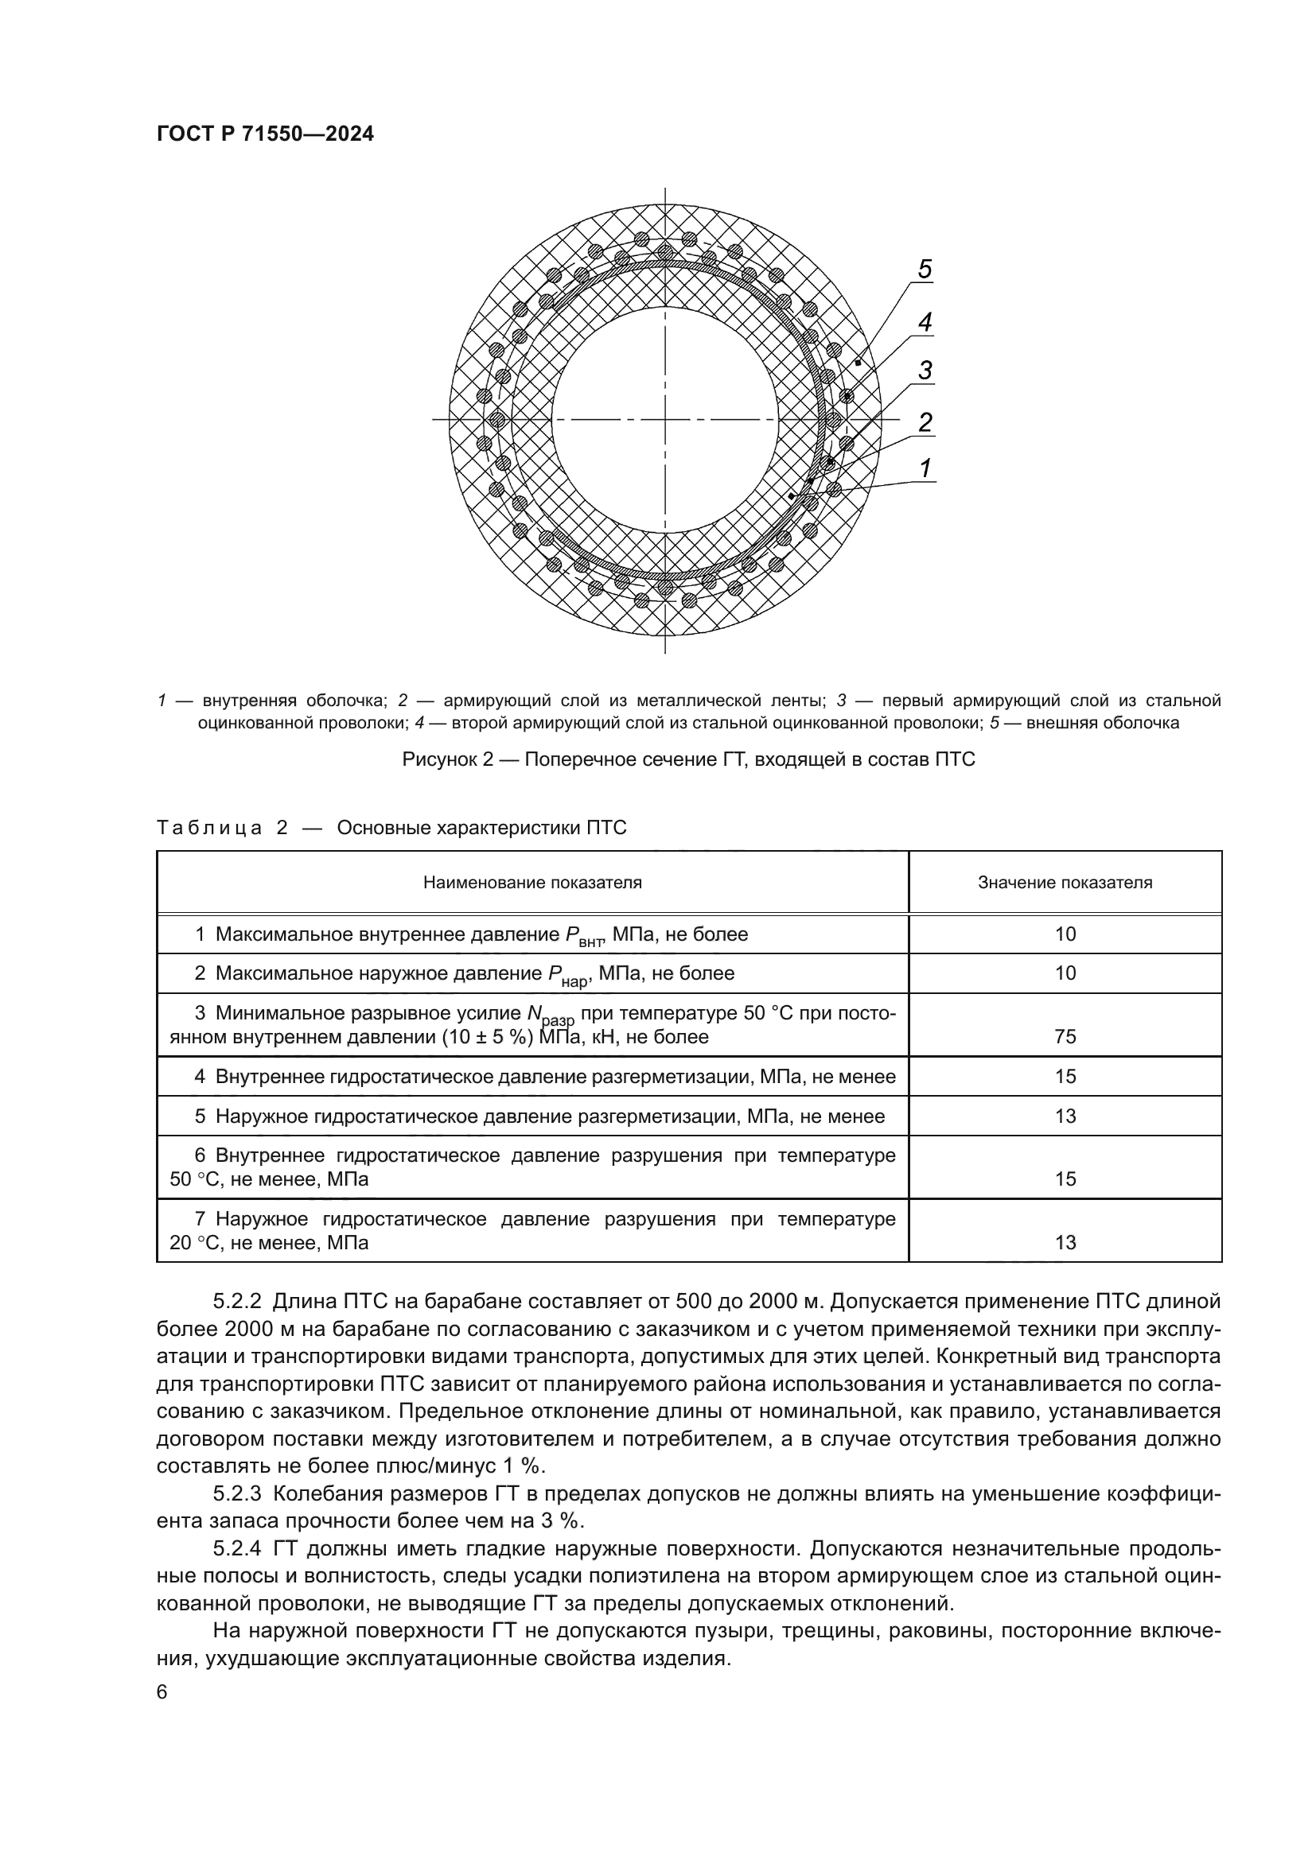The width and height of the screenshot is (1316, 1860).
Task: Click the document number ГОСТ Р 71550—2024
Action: click(x=265, y=134)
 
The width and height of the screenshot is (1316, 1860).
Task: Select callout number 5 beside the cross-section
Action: click(x=925, y=269)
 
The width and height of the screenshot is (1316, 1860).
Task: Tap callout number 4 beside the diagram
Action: click(x=925, y=321)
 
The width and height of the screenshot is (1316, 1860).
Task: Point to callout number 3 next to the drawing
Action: click(x=925, y=371)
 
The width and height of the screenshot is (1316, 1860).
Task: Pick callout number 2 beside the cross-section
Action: click(x=925, y=421)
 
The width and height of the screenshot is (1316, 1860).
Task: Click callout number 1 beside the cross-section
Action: click(x=925, y=468)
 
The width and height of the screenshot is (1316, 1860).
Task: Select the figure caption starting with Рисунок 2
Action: click(x=688, y=760)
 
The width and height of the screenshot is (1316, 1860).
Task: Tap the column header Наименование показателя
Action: click(x=532, y=882)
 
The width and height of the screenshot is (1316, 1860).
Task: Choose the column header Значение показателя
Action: click(x=1065, y=882)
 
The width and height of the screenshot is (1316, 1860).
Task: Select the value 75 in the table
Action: click(x=1065, y=1037)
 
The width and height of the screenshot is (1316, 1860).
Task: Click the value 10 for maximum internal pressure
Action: click(x=1065, y=934)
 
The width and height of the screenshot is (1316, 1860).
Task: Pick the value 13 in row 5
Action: click(x=1065, y=1116)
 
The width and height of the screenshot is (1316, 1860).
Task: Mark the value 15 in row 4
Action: click(x=1065, y=1077)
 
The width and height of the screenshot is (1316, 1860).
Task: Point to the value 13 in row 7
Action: click(x=1065, y=1243)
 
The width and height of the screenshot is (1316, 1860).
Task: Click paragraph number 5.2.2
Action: click(x=236, y=1302)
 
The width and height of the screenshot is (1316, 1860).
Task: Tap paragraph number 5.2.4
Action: click(x=236, y=1549)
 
